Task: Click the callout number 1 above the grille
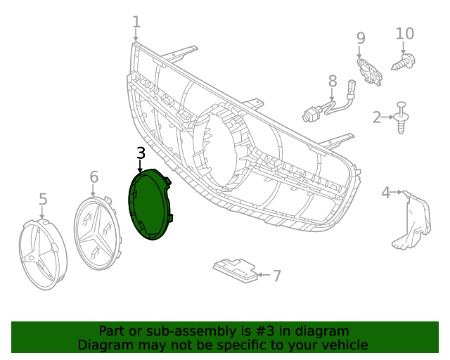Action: (x=136, y=22)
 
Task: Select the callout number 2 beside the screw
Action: (x=378, y=117)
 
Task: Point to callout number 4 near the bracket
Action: (x=386, y=192)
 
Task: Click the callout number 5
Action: (x=43, y=199)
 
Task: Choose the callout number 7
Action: (x=276, y=276)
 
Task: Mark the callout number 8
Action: (x=333, y=82)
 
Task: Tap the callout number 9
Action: (x=361, y=38)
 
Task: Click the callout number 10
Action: (x=405, y=33)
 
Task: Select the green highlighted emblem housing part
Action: (x=150, y=206)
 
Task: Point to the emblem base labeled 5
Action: (x=43, y=252)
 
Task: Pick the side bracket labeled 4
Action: (x=414, y=221)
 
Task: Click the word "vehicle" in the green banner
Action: (x=343, y=345)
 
